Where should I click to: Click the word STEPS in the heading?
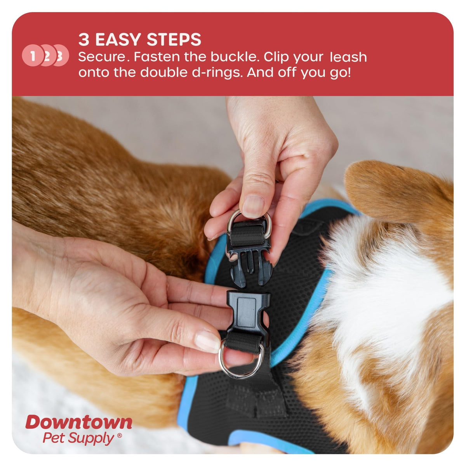[174, 40]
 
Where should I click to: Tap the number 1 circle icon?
[33, 56]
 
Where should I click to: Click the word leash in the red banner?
[348, 57]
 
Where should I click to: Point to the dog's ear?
[396, 191]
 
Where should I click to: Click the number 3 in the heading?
[84, 40]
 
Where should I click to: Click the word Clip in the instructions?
[276, 58]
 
